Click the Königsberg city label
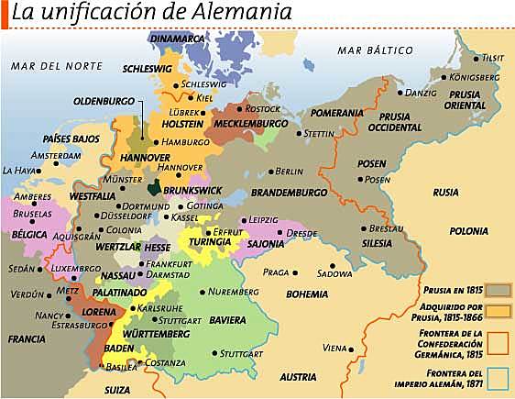tap(474, 77)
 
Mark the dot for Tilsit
tap(475, 58)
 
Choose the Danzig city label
tap(421, 93)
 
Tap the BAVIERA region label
tap(227, 320)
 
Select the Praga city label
tap(275, 272)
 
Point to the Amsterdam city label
tap(55, 156)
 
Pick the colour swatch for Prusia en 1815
tap(499, 289)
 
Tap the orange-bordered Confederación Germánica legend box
tap(499, 342)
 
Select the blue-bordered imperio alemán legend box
tap(499, 377)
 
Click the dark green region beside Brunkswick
tap(157, 188)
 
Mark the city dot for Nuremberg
tap(203, 292)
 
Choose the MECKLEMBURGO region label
tap(250, 123)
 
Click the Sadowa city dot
tap(333, 267)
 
